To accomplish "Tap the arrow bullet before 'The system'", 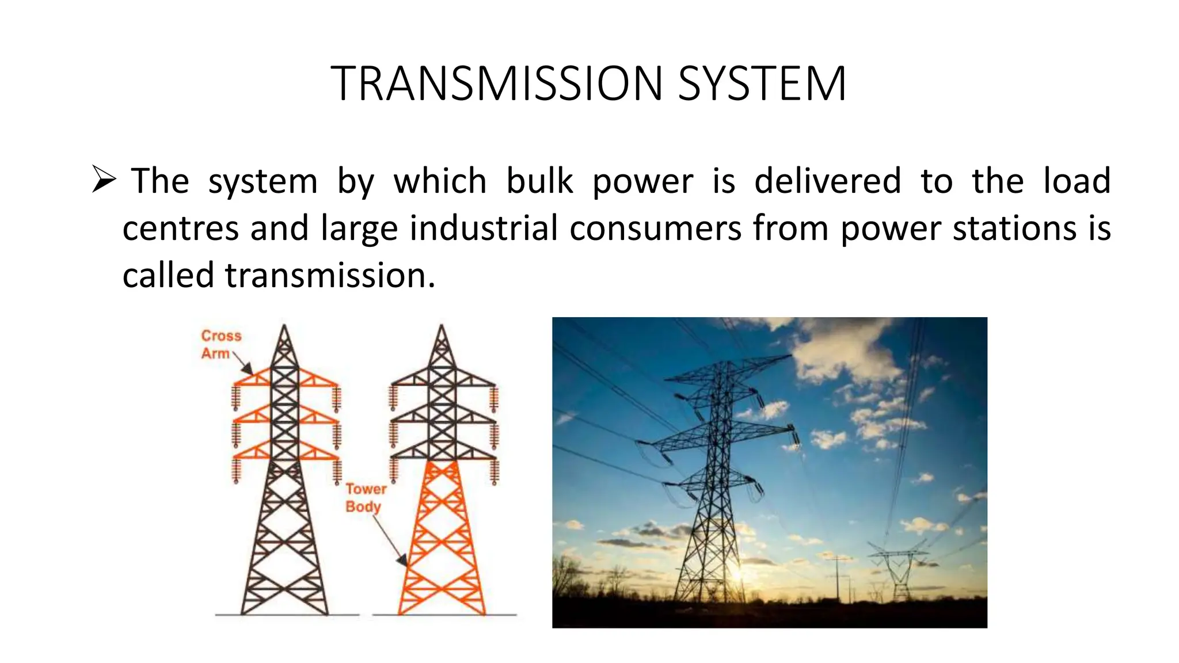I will click(x=104, y=180).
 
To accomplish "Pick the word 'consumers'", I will click(x=655, y=228).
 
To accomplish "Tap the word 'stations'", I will click(x=1014, y=228).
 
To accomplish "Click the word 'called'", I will click(x=168, y=275).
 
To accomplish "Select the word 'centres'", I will click(x=180, y=228).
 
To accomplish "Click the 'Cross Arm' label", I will click(x=220, y=344).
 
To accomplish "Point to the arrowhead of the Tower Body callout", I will click(x=402, y=560).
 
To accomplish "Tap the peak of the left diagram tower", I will click(x=284, y=327).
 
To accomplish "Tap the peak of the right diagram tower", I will click(x=442, y=327).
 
